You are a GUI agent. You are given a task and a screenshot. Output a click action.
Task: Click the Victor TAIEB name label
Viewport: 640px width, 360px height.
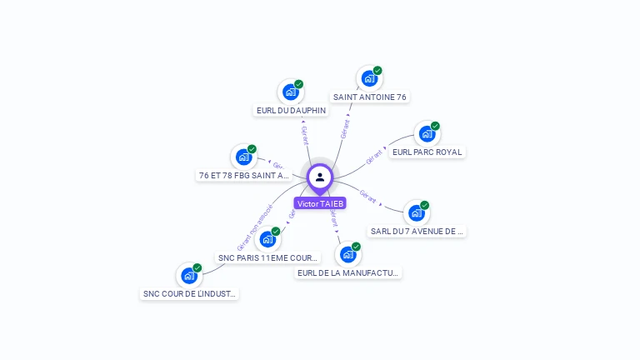pyautogui.click(x=320, y=203)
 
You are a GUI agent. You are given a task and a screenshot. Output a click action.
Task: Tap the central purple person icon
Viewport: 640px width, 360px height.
pyautogui.click(x=320, y=177)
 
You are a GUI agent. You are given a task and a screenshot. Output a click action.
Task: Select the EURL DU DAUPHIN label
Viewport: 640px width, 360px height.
pyautogui.click(x=291, y=110)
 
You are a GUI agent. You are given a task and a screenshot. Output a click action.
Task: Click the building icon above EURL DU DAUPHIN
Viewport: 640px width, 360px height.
pyautogui.click(x=290, y=92)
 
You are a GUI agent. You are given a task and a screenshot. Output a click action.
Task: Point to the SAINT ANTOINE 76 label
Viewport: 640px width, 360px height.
pyautogui.click(x=370, y=97)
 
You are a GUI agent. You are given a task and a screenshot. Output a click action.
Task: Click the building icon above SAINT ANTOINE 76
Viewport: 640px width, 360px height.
pyautogui.click(x=369, y=78)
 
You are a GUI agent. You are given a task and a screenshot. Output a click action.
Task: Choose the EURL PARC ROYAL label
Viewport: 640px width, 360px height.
pyautogui.click(x=427, y=152)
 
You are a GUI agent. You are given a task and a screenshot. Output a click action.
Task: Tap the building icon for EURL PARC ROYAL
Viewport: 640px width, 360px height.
pyautogui.click(x=427, y=133)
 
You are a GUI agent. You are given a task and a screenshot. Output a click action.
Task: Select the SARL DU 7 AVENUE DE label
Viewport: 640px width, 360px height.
pyautogui.click(x=417, y=232)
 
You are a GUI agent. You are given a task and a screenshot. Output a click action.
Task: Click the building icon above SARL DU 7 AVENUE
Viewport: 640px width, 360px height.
pyautogui.click(x=416, y=212)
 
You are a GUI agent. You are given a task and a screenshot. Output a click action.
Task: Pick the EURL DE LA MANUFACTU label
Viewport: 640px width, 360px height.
pyautogui.click(x=348, y=272)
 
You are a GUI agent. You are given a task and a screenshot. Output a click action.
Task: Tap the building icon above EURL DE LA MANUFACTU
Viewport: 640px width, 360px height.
pyautogui.click(x=347, y=254)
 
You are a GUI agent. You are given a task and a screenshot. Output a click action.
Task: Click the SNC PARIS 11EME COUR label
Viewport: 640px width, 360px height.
pyautogui.click(x=268, y=258)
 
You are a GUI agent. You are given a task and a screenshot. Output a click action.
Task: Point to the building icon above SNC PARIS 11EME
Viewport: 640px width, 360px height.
pyautogui.click(x=267, y=239)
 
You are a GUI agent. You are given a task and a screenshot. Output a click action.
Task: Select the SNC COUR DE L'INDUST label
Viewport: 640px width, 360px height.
pyautogui.click(x=190, y=293)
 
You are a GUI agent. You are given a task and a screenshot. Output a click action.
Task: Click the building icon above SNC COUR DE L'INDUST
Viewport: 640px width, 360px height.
pyautogui.click(x=190, y=275)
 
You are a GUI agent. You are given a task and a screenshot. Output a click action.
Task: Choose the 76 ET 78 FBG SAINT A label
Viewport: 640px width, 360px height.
pyautogui.click(x=244, y=176)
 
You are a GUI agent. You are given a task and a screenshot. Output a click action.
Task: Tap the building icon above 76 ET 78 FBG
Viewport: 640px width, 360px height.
pyautogui.click(x=243, y=157)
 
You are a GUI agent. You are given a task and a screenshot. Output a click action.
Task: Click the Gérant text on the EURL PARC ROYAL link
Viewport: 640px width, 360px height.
pyautogui.click(x=374, y=156)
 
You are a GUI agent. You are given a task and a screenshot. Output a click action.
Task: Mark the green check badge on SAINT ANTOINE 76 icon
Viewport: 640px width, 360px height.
pyautogui.click(x=377, y=71)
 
